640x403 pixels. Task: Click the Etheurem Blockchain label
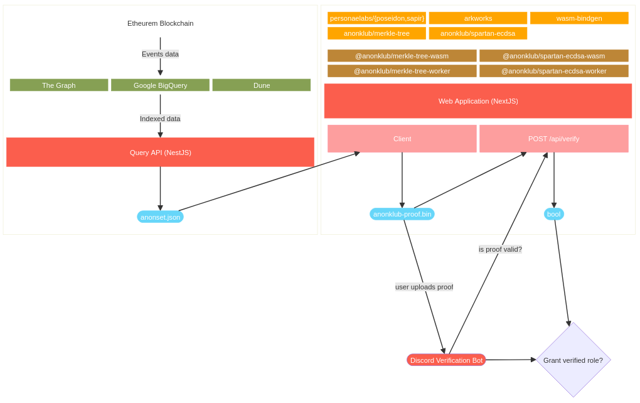pos(160,23)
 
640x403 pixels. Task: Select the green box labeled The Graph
pos(59,85)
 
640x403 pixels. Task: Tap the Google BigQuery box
pos(160,85)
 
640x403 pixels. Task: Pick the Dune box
pos(262,85)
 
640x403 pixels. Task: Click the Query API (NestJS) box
pos(160,153)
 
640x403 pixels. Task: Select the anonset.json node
pos(160,217)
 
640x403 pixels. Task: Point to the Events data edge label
pos(160,54)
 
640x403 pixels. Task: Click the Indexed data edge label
pos(160,119)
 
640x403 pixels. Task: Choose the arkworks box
pos(478,18)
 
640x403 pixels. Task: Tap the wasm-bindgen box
pos(579,18)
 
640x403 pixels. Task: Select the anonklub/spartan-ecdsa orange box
pos(478,33)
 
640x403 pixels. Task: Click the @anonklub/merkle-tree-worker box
pos(402,71)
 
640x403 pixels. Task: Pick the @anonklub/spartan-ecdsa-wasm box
pos(553,56)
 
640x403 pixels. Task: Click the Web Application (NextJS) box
pos(478,101)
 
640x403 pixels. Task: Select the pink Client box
pos(402,139)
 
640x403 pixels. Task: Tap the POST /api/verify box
pos(553,139)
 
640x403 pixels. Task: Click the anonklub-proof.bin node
pos(402,214)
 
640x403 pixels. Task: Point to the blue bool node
pos(553,214)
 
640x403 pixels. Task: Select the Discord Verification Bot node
pos(446,360)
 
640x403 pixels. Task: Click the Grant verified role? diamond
pos(573,360)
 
